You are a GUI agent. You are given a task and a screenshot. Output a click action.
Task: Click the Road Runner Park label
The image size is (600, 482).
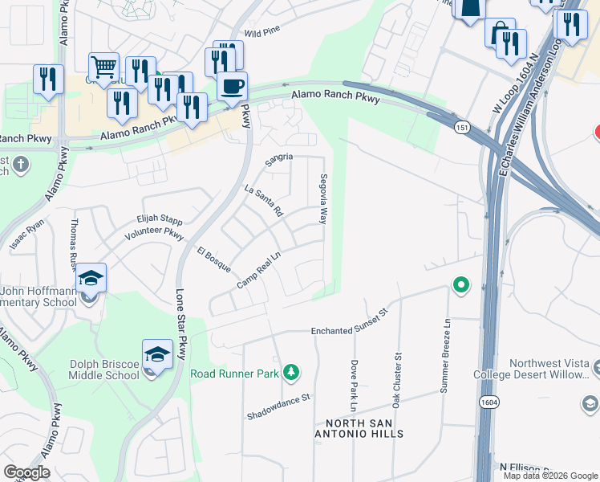coord(233,373)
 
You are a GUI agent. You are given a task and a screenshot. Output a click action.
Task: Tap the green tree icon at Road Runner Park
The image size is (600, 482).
coord(291,371)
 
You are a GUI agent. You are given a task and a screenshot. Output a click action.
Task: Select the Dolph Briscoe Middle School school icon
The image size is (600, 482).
coord(157,354)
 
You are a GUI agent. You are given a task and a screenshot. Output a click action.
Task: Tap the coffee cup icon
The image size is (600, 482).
coord(232,86)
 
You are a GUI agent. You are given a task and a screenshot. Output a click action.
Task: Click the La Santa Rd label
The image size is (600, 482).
coord(264,201)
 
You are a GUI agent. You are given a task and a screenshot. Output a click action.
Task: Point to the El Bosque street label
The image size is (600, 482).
coord(214,259)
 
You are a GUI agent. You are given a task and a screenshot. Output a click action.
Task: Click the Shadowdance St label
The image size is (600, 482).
coord(277,406)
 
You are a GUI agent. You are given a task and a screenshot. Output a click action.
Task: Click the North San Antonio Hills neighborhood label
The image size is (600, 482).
coord(364,428)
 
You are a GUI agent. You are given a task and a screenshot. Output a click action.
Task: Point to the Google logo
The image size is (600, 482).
coord(26,472)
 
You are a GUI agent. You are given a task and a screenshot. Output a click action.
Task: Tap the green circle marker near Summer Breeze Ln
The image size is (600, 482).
coord(461,285)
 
